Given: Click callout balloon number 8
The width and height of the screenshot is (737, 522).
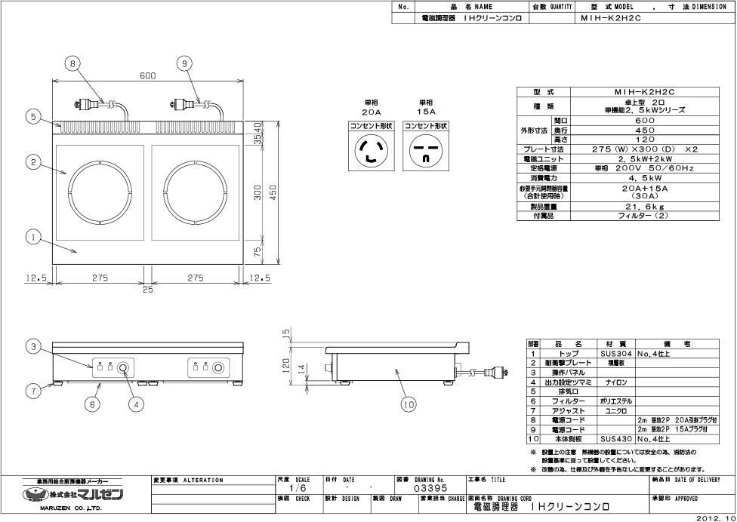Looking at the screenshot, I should click(x=72, y=64).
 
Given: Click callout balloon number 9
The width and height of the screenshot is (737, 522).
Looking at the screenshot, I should click(x=184, y=64).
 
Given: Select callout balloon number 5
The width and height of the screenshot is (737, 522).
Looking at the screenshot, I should click(x=32, y=116).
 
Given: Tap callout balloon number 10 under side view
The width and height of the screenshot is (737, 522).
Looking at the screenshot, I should click(x=409, y=405).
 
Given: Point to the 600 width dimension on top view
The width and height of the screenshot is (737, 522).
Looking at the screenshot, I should click(x=147, y=75).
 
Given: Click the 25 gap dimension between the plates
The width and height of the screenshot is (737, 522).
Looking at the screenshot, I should click(x=147, y=289).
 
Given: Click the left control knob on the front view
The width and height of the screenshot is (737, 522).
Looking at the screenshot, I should click(x=123, y=368).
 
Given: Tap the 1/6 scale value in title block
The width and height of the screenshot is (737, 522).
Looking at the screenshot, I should click(x=297, y=488).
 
